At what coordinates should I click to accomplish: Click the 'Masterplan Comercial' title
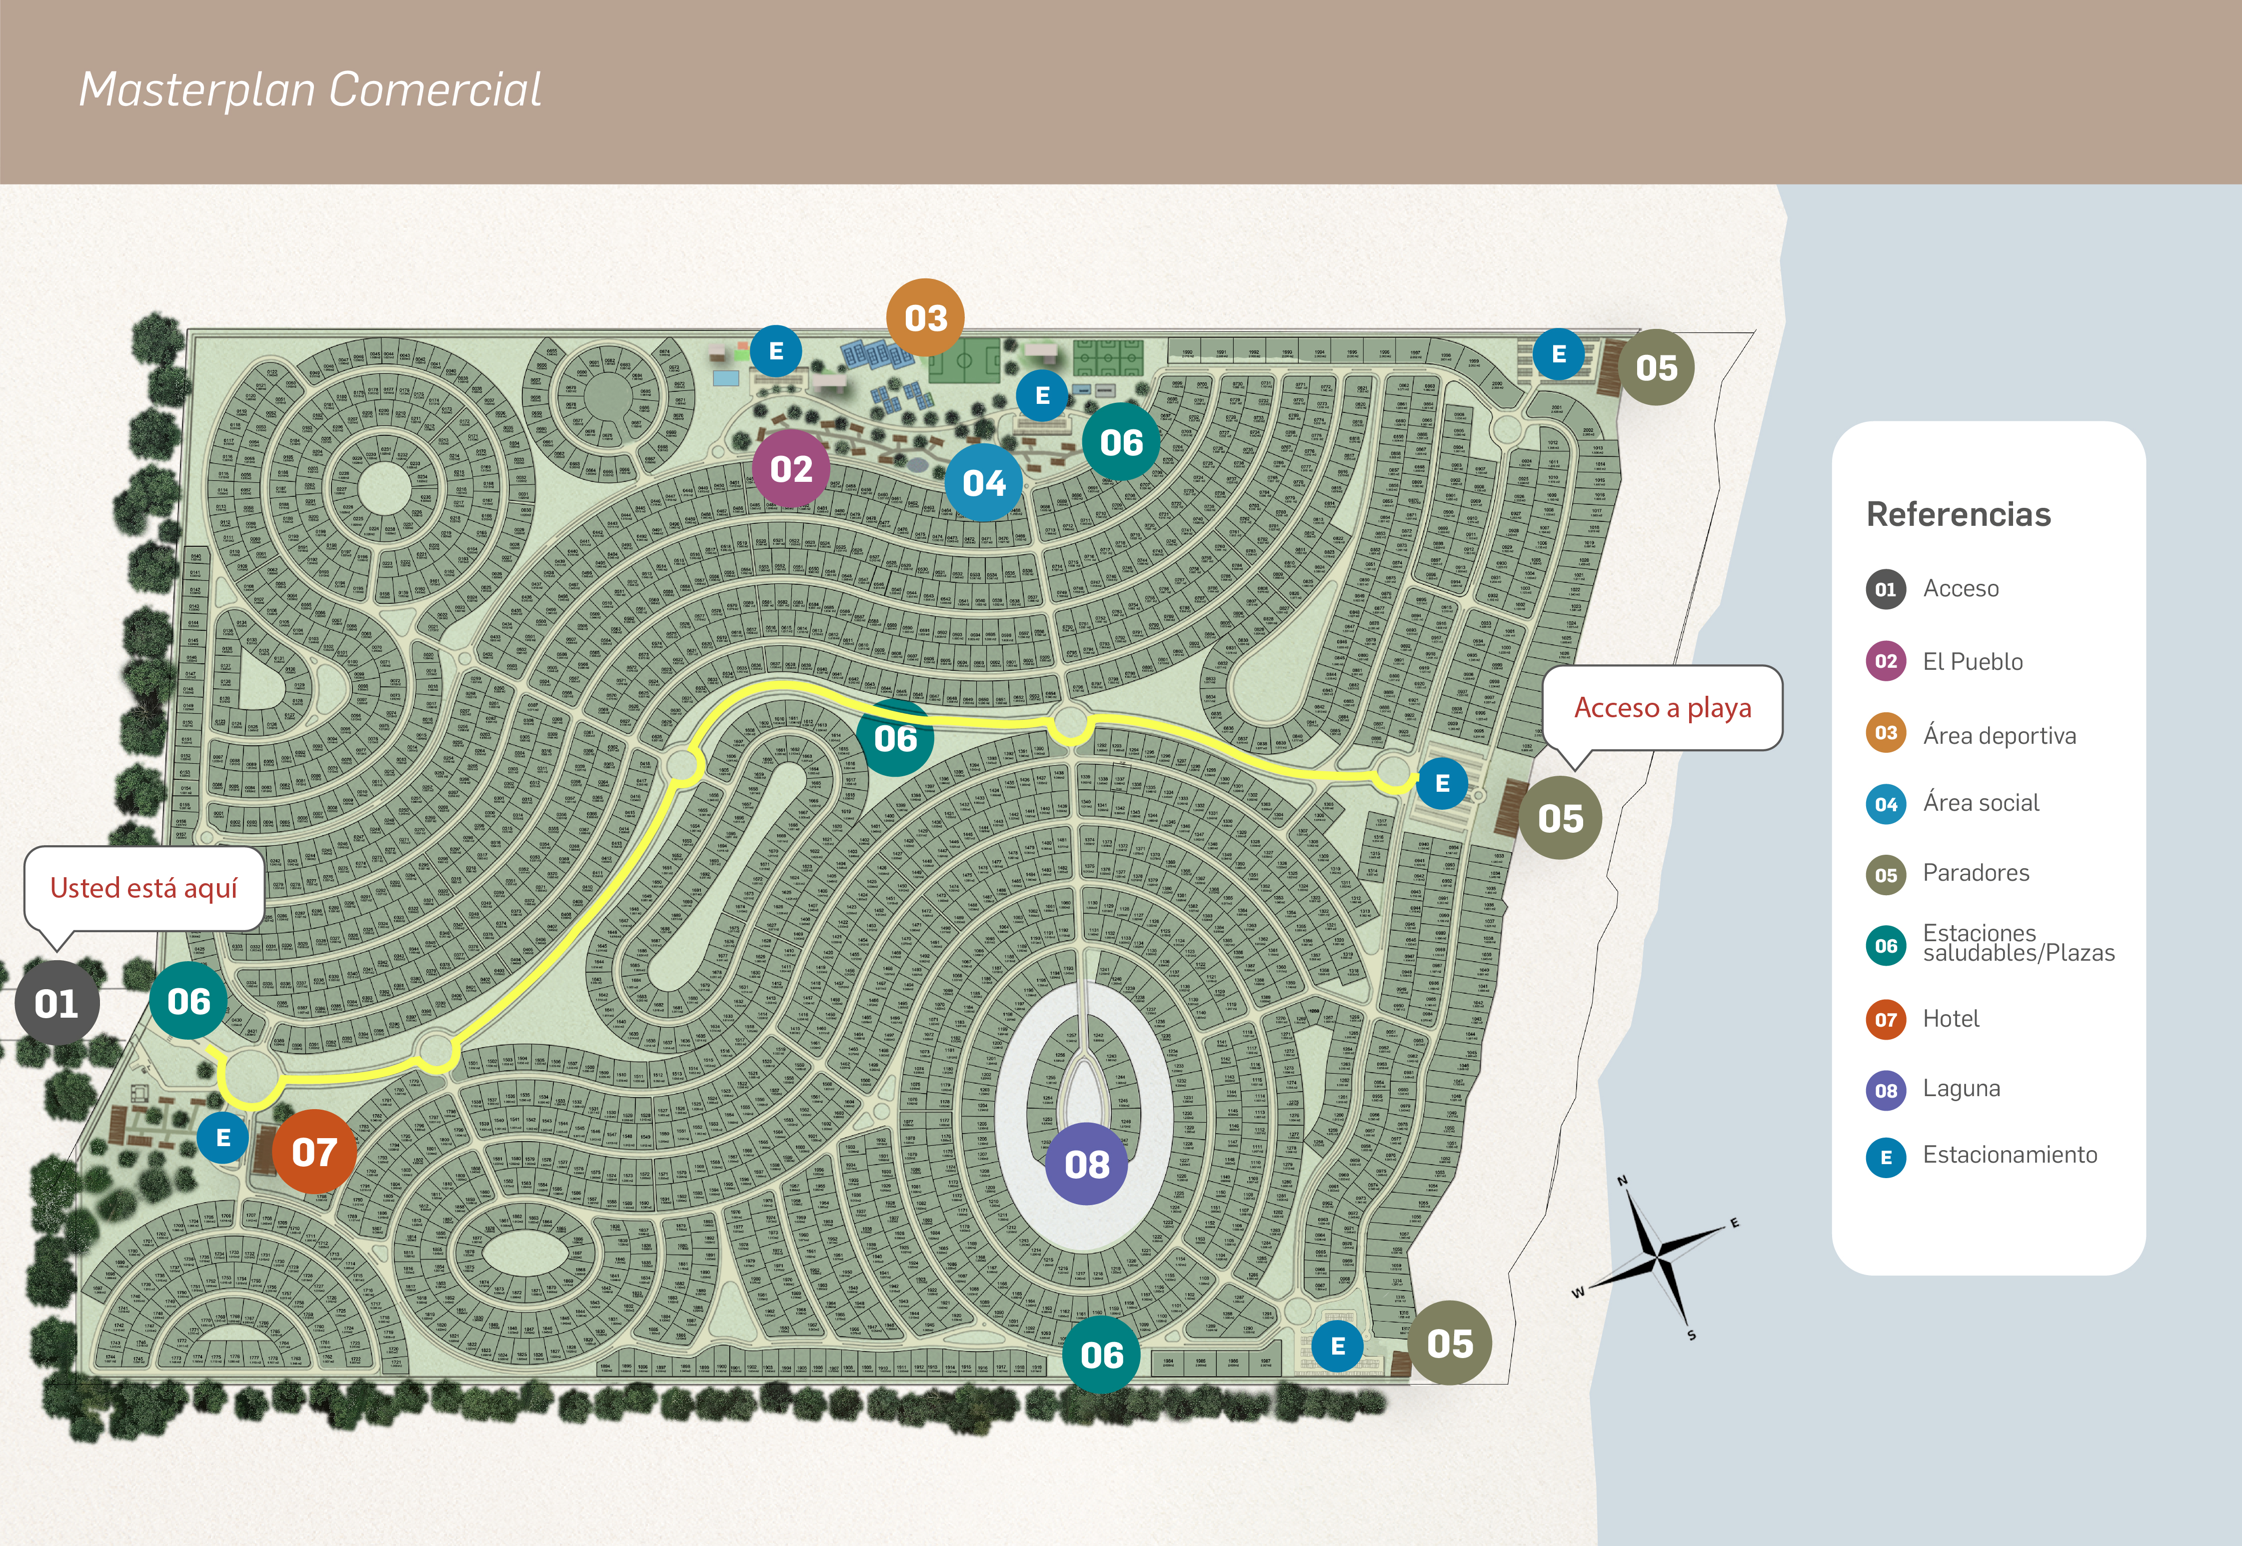click(310, 90)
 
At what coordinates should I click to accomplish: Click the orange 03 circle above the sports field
click(925, 318)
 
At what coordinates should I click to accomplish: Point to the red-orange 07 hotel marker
click(314, 1152)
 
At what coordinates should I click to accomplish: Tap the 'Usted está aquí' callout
click(143, 888)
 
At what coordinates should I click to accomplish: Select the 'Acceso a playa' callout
click(1662, 708)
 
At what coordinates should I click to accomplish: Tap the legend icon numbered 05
click(1885, 875)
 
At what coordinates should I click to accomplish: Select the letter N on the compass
click(1622, 1181)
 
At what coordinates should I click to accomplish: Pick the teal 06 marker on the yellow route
click(895, 738)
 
